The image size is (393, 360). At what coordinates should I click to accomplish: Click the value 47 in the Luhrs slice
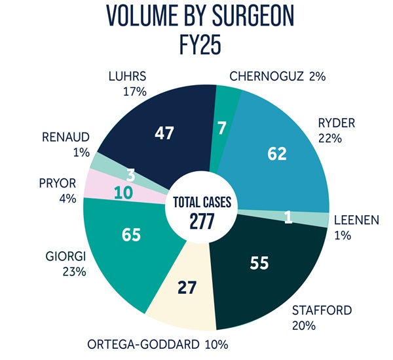point(164,133)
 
